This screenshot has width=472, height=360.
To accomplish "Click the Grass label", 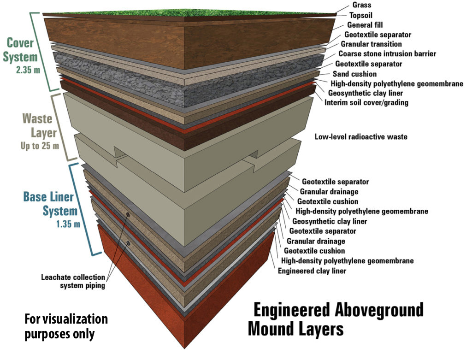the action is (x=362, y=5).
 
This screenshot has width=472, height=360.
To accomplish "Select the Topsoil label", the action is (x=361, y=15).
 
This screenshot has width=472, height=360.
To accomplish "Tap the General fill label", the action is (x=365, y=25).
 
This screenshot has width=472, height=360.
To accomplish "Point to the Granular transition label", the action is (x=371, y=44).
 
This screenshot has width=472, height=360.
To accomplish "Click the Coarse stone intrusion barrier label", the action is (x=387, y=53).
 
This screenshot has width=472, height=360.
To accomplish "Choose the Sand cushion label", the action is (x=354, y=74).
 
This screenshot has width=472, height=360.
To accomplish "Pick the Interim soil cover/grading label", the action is (x=366, y=102).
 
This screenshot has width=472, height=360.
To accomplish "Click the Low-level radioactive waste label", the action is (x=361, y=136).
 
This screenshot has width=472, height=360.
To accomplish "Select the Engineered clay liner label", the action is (x=312, y=271).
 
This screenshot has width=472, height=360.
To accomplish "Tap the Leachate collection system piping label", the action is (x=73, y=281).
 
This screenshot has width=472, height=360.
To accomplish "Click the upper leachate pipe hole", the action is (x=128, y=215).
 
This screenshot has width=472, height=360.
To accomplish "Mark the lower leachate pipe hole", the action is (x=128, y=242).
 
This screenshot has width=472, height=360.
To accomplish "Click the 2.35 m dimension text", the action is (x=28, y=70).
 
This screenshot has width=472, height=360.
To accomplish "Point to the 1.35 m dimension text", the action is (x=68, y=224).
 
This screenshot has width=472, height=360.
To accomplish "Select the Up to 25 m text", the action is (x=40, y=146).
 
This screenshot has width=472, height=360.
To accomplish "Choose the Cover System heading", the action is (x=20, y=50).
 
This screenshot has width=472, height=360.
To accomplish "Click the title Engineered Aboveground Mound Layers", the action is (x=336, y=319).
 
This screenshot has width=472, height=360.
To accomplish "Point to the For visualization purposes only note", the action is (x=66, y=327).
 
